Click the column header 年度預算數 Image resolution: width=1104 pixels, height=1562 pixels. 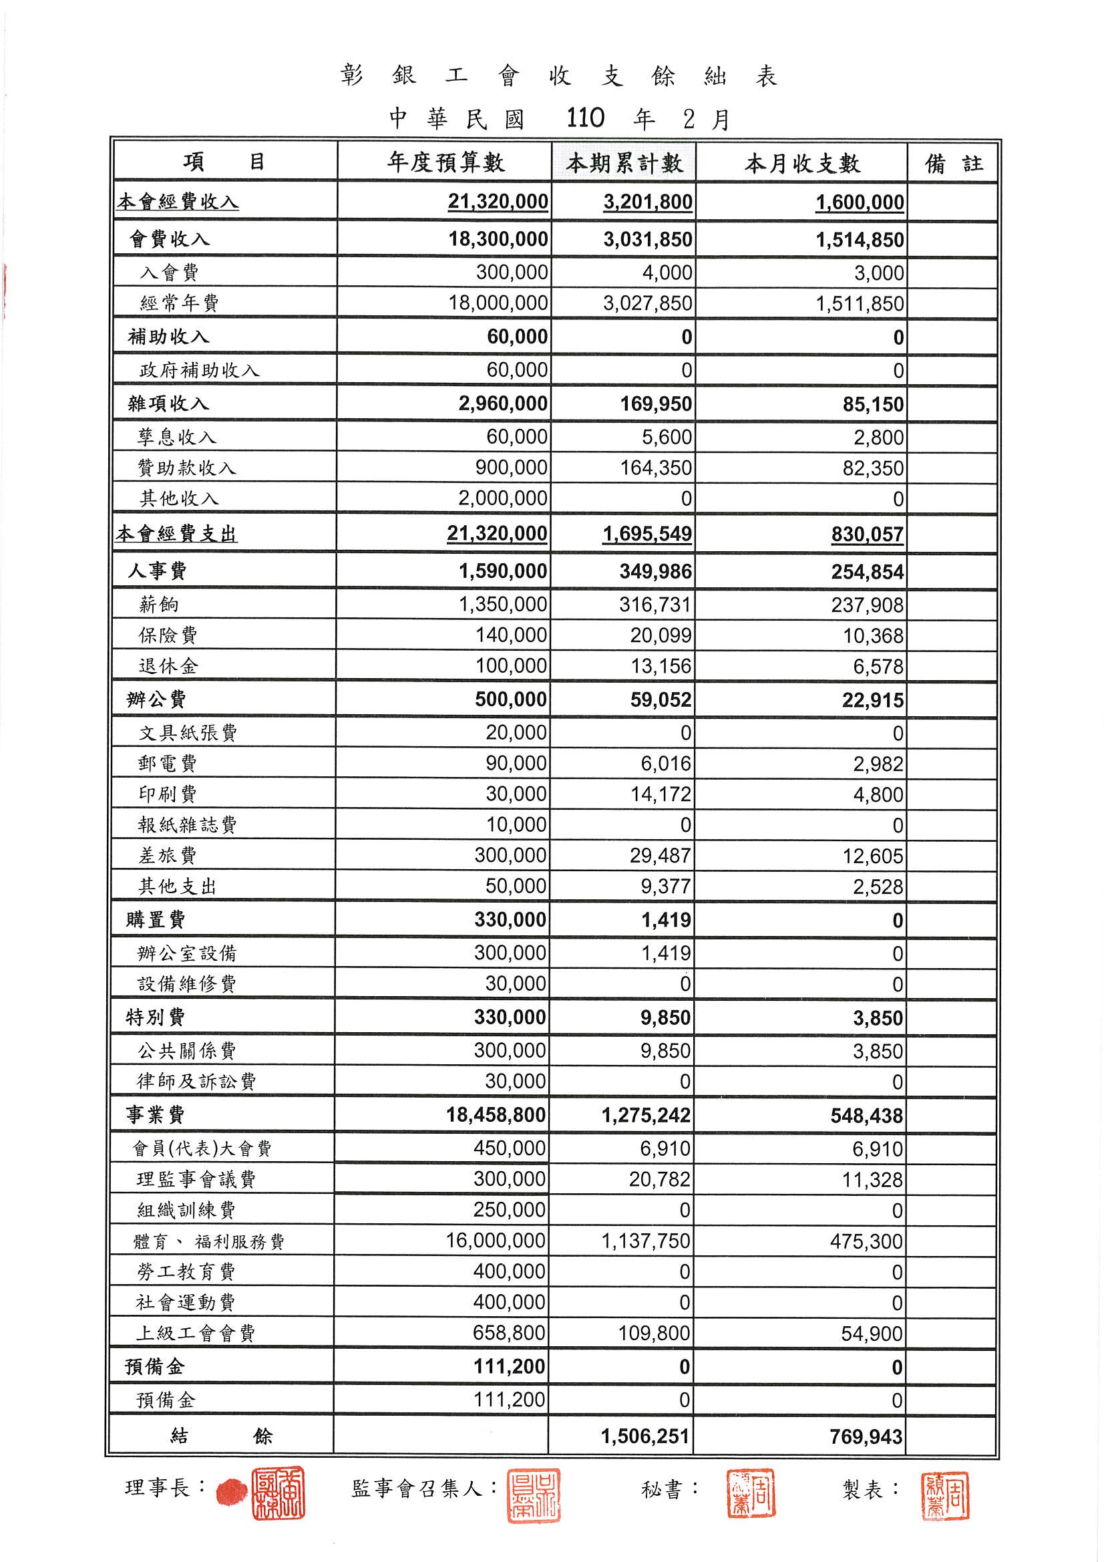[445, 162]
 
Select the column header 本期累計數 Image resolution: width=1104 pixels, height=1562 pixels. [624, 163]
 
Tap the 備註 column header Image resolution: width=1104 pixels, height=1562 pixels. [953, 164]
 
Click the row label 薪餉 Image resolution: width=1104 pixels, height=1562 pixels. [158, 604]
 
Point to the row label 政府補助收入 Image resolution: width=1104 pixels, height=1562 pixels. [199, 370]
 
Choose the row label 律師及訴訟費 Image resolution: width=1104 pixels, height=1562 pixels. [196, 1081]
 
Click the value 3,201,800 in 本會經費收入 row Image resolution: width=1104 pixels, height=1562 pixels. [648, 202]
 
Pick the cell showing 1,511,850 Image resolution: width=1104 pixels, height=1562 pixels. [860, 303]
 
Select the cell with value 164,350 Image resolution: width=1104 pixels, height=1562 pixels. [656, 468]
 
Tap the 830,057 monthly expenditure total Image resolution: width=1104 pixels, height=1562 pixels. [868, 534]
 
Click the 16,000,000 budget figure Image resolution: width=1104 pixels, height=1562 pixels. [495, 1240]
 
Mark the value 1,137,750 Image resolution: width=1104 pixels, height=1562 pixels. [646, 1241]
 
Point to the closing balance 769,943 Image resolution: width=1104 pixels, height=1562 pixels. [866, 1436]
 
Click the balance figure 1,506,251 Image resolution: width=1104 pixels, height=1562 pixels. [645, 1436]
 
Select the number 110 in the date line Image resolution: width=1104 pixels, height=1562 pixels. [585, 118]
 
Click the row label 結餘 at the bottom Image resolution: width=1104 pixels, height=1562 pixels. [222, 1436]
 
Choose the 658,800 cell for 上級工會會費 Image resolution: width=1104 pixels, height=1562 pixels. [509, 1333]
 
